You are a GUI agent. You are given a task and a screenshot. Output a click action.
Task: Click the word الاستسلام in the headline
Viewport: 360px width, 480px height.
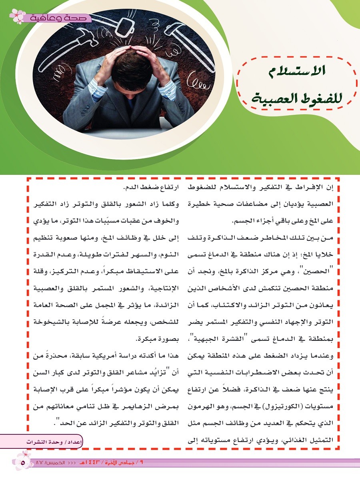pyautogui.click(x=296, y=72)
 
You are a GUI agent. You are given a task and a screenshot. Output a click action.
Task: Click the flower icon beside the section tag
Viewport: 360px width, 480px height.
pyautogui.click(x=17, y=16)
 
